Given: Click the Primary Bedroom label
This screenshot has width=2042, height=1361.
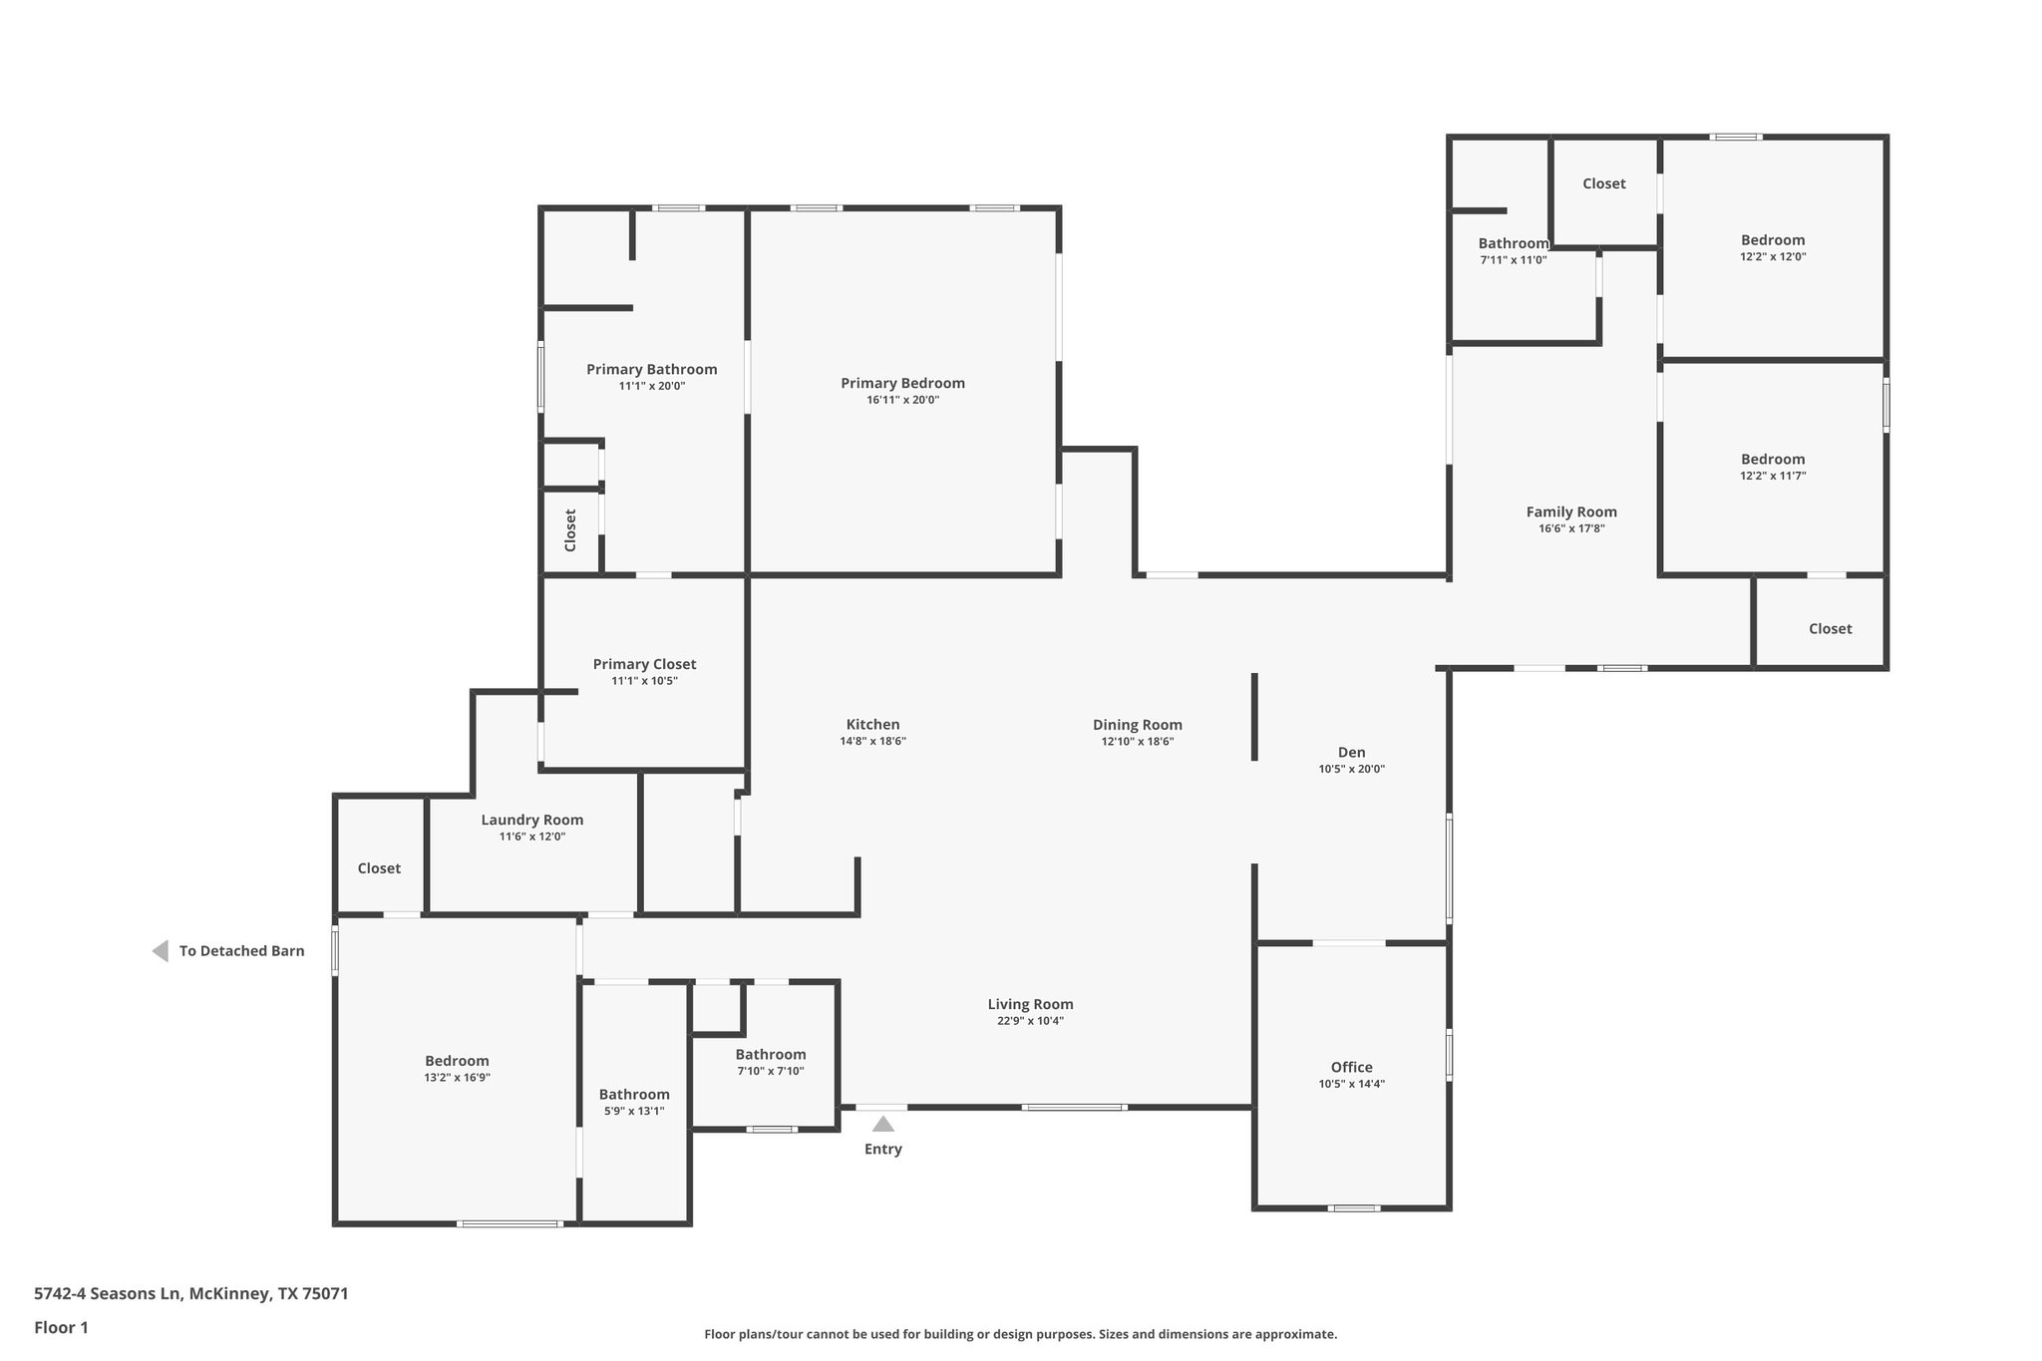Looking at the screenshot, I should tap(902, 383).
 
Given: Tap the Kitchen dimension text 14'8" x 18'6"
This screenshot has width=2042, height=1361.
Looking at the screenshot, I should tap(872, 742).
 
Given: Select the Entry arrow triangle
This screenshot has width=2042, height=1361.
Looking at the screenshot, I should tap(883, 1125).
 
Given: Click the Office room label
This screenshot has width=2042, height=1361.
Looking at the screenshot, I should tap(1351, 1067).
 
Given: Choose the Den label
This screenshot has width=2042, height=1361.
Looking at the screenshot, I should tap(1351, 752).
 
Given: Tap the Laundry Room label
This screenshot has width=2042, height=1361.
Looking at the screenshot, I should tap(531, 820).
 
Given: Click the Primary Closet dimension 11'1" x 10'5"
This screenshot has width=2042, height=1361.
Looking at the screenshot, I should tap(644, 681).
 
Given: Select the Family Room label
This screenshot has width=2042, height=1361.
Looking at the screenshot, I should tap(1571, 512).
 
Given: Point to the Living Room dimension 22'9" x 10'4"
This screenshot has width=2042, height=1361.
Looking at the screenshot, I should tap(1030, 1021).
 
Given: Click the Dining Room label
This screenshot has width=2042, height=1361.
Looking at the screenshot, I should tap(1137, 725).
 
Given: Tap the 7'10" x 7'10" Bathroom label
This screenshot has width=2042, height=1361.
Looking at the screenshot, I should tap(771, 1055).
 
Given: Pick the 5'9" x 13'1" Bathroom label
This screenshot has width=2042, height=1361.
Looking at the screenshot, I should tap(634, 1095).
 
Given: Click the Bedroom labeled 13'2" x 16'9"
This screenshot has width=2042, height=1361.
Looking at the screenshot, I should tap(457, 1061).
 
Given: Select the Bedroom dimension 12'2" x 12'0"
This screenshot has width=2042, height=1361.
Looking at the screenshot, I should tap(1773, 256).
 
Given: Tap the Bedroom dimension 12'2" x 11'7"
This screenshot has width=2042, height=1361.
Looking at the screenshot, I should tap(1773, 476).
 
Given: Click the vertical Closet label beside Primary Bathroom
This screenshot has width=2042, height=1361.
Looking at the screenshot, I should tap(570, 530).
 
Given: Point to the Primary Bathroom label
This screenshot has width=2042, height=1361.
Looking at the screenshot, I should tap(651, 369).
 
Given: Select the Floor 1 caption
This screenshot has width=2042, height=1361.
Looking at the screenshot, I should tap(61, 1327).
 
